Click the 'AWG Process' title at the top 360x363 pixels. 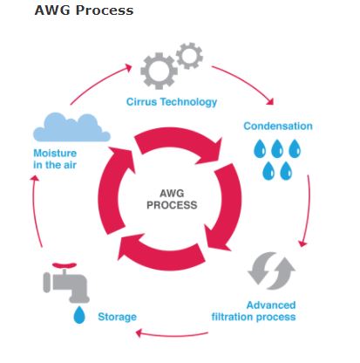click(x=84, y=11)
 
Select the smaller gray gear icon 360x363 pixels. click(x=189, y=57)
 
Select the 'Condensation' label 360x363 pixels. click(x=276, y=126)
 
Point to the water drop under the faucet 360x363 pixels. click(x=79, y=315)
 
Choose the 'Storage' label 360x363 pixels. click(x=116, y=316)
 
